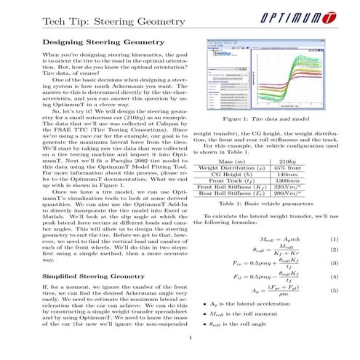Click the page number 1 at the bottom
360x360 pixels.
(x=188, y=339)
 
